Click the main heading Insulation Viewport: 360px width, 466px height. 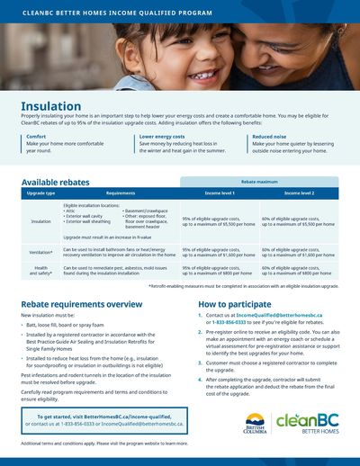pyautogui.click(x=50, y=106)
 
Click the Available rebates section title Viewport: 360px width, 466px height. pyautogui.click(x=55, y=182)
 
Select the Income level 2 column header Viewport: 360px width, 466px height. pyautogui.click(x=299, y=193)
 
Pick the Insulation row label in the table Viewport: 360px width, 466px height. pyautogui.click(x=40, y=221)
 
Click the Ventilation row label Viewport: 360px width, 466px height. pyautogui.click(x=40, y=253)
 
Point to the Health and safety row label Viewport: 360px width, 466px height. pyautogui.click(x=40, y=269)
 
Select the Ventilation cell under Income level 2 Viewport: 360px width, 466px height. pyautogui.click(x=299, y=253)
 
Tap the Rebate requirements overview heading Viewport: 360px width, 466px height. pyautogui.click(x=77, y=304)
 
